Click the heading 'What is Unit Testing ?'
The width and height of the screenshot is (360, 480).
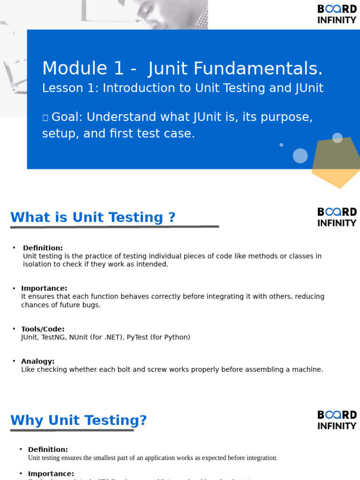93,217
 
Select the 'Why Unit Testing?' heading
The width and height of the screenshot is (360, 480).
79,420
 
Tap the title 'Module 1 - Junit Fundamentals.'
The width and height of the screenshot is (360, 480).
182,68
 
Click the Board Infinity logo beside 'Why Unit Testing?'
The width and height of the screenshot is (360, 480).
337,420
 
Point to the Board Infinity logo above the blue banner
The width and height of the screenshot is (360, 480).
337,14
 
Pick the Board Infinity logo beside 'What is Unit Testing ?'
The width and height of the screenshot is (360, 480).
337,217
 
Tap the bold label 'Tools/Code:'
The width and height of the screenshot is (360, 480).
43,329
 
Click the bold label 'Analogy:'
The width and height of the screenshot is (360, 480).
38,361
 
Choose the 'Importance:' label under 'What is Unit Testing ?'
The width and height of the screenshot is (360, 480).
44,288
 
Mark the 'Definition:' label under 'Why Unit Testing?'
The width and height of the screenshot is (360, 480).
48,450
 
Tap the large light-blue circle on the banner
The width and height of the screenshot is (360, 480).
300,156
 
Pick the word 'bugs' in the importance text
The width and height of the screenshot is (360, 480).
93,305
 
